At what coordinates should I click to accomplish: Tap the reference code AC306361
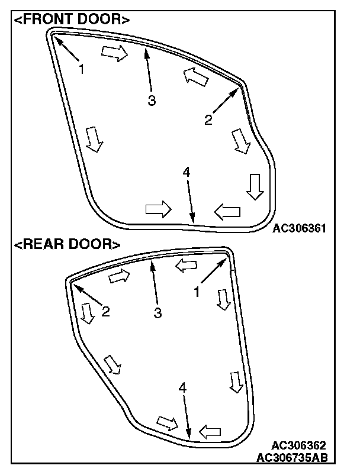pyautogui.click(x=300, y=228)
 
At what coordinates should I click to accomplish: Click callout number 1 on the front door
pyautogui.click(x=82, y=69)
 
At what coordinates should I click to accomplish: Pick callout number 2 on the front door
pyautogui.click(x=208, y=119)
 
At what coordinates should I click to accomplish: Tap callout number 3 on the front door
pyautogui.click(x=152, y=101)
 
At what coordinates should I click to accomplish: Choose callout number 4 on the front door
pyautogui.click(x=186, y=172)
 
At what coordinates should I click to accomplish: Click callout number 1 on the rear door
pyautogui.click(x=198, y=292)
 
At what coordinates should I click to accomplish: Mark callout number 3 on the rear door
pyautogui.click(x=157, y=313)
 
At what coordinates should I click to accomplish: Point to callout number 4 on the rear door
pyautogui.click(x=182, y=388)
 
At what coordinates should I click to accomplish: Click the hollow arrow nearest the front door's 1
pyautogui.click(x=114, y=53)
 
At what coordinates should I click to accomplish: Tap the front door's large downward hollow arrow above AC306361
pyautogui.click(x=255, y=186)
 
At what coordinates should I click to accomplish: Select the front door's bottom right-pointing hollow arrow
pyautogui.click(x=158, y=209)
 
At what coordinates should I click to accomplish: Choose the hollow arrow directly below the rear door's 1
pyautogui.click(x=223, y=299)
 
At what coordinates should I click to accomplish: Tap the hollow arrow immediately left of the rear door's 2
pyautogui.click(x=88, y=313)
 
